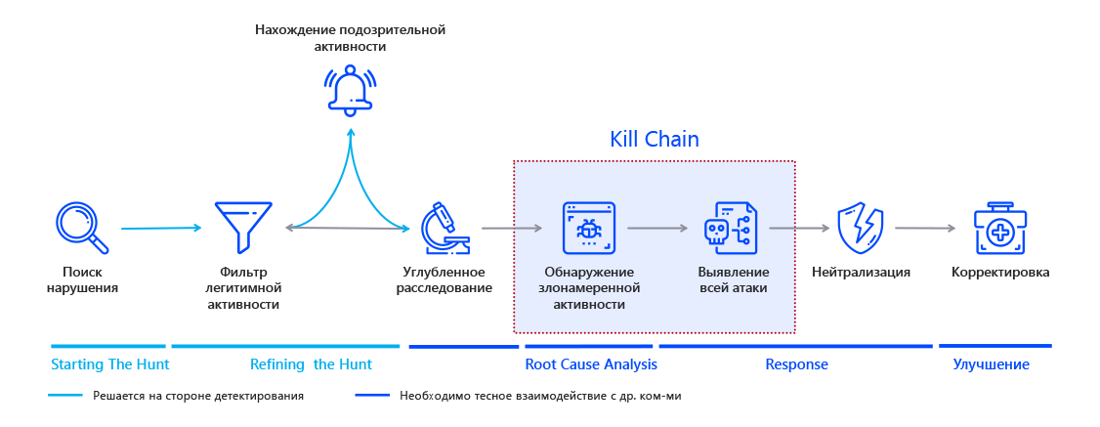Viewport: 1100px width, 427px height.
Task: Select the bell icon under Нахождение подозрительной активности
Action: (350, 90)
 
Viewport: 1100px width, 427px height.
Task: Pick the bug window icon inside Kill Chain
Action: (589, 228)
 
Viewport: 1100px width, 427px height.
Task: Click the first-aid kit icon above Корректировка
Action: (999, 228)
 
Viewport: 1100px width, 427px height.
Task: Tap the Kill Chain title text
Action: (655, 139)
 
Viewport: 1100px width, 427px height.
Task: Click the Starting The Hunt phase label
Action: (109, 364)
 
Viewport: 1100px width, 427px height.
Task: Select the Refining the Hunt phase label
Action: (311, 364)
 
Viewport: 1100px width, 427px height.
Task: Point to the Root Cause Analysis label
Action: (591, 364)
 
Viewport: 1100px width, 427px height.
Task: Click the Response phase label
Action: (796, 364)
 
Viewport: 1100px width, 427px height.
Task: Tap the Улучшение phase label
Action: (991, 364)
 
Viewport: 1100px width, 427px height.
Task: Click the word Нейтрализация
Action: (861, 273)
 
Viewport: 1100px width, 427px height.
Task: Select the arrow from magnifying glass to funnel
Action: (161, 229)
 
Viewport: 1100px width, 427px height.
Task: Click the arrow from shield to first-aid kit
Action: (925, 229)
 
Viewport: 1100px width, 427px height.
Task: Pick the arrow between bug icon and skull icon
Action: (657, 229)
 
